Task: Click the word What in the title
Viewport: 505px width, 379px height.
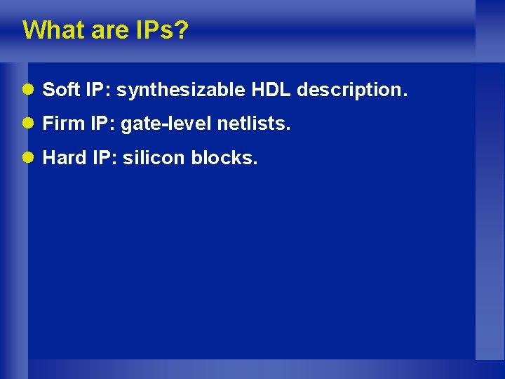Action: tap(52, 31)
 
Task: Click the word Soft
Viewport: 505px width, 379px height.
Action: tap(60, 91)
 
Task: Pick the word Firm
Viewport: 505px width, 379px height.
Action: tap(62, 125)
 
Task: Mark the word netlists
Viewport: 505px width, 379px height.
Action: tap(253, 125)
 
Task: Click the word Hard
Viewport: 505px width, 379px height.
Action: tap(64, 159)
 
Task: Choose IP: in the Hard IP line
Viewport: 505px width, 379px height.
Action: tap(105, 159)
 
